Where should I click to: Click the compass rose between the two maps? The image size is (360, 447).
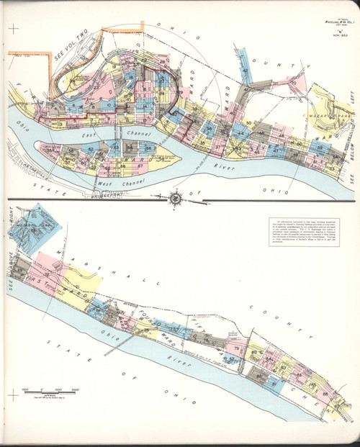click(x=176, y=196)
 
